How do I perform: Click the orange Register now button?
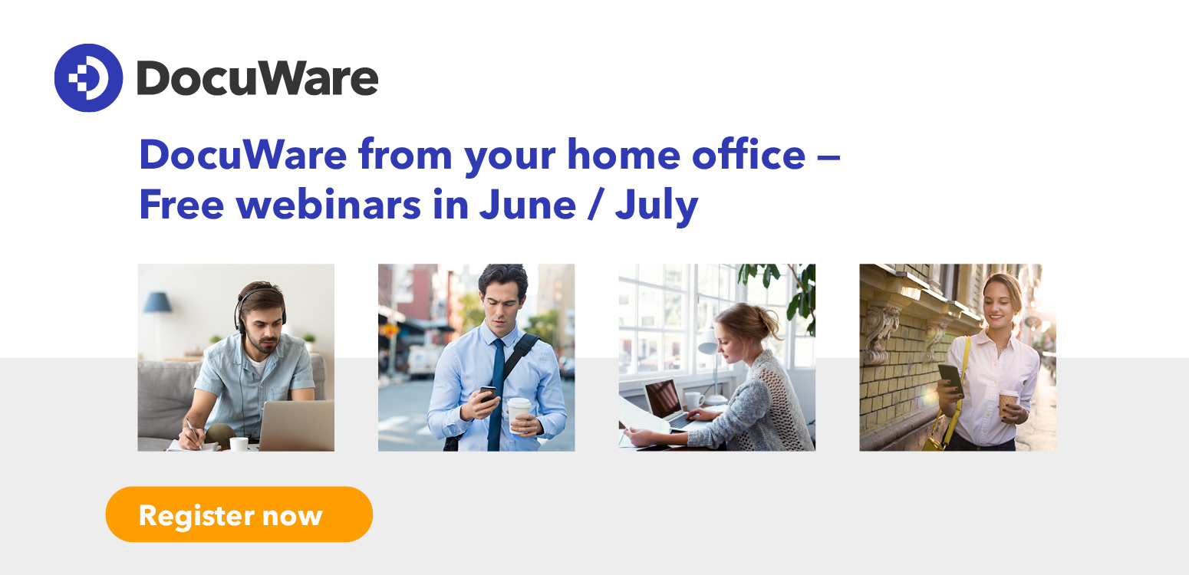coord(239,514)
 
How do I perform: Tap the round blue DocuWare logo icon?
coord(88,77)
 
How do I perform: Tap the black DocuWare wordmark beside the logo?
coord(258,78)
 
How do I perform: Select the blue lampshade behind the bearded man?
coord(157,302)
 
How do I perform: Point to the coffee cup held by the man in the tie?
coord(519,415)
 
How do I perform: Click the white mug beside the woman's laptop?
coord(693,400)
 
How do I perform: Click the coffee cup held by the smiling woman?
coord(1008,402)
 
